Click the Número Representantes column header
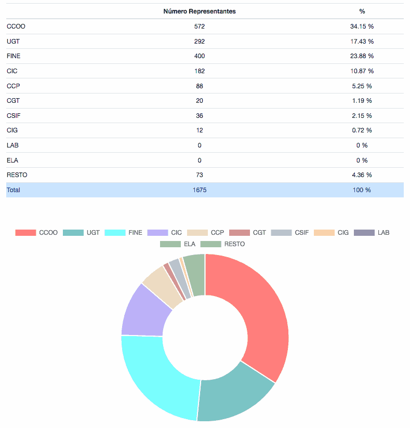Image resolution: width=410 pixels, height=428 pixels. pos(199,11)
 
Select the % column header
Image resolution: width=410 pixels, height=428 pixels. pos(362,11)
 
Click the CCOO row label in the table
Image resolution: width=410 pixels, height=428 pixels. pos(16,26)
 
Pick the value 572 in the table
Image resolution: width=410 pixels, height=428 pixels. pos(200,26)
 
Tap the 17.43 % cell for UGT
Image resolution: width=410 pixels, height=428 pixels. pos(362,42)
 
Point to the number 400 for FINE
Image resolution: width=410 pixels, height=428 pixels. pos(200,56)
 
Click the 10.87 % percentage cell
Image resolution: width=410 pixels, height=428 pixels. pos(362,71)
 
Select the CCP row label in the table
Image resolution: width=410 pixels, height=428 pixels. pos(14,86)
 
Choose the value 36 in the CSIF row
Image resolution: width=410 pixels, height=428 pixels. pos(200,115)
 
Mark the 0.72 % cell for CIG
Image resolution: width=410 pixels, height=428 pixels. pos(362,130)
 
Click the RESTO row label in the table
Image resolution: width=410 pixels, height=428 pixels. pos(17,175)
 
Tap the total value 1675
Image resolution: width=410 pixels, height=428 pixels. pos(200,190)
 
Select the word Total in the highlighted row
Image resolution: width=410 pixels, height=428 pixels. pos(14,190)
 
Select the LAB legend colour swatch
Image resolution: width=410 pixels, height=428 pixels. pos(364,233)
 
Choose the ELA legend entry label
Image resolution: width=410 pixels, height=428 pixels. pos(189,244)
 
